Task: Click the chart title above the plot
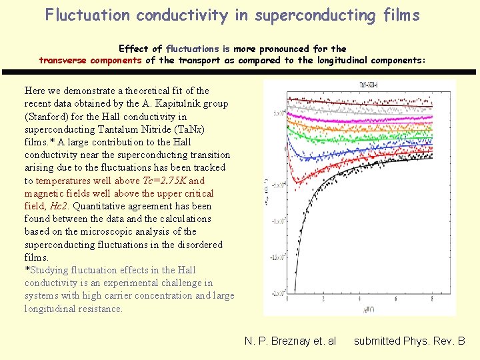point(360,85)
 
